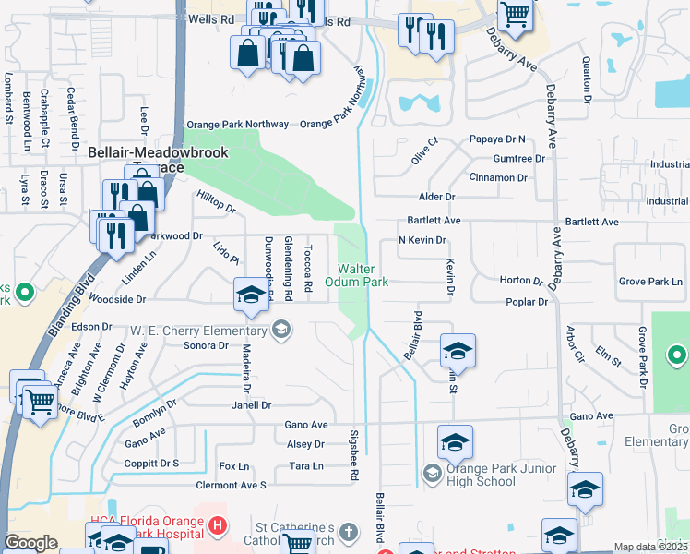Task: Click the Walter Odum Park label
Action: click(355, 274)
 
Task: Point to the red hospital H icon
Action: click(217, 527)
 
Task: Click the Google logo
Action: click(30, 543)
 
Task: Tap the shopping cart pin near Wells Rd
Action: click(515, 14)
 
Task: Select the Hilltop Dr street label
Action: click(217, 202)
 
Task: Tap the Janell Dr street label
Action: click(252, 404)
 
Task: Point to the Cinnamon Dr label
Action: click(498, 177)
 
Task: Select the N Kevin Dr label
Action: click(422, 240)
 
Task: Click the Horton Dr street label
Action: click(521, 280)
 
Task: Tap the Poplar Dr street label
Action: click(527, 302)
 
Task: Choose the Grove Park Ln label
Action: click(650, 280)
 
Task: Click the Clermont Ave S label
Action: click(231, 485)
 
